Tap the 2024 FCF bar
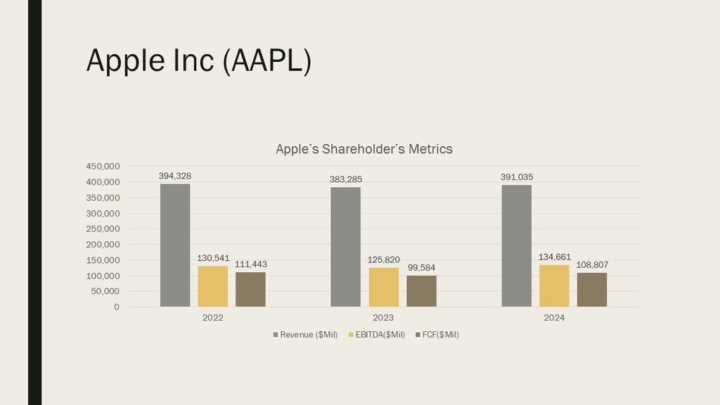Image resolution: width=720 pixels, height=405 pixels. click(591, 290)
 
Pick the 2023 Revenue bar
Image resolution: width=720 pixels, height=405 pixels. click(345, 247)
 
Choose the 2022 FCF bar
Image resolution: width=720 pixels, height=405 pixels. click(250, 289)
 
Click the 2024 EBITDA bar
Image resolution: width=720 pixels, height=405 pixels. click(554, 285)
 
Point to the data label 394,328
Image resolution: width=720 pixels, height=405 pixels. click(175, 176)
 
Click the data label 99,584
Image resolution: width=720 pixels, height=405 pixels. click(421, 267)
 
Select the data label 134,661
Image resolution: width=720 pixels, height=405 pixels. click(554, 257)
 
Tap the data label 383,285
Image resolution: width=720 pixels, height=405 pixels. click(345, 179)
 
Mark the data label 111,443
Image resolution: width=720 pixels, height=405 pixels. click(250, 264)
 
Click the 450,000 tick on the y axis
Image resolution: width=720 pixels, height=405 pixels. click(103, 167)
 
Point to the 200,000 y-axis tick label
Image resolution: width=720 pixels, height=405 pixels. click(103, 245)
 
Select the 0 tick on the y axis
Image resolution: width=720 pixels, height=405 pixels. click(116, 307)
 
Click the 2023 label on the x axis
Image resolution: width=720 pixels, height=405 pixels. click(383, 318)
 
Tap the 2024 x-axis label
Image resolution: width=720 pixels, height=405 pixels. click(554, 318)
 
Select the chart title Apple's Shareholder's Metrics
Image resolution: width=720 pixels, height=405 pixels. click(364, 149)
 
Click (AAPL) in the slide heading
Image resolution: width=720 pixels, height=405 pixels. click(266, 60)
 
